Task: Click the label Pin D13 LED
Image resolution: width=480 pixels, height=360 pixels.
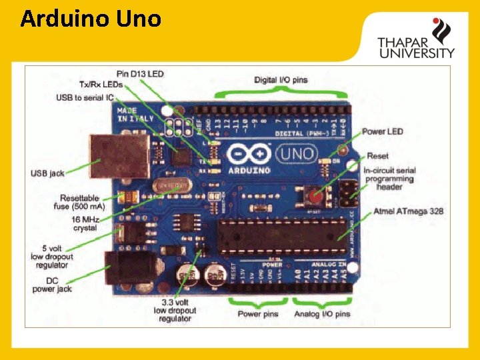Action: click(140, 73)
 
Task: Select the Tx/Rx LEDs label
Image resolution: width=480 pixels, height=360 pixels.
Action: click(101, 85)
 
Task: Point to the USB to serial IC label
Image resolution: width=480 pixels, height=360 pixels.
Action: click(85, 98)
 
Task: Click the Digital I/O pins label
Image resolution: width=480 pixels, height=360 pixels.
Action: click(281, 80)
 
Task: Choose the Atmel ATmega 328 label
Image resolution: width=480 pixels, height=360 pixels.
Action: click(408, 211)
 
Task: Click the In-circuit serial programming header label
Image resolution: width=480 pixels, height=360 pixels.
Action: click(389, 179)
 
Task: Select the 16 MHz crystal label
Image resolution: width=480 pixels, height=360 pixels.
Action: click(85, 223)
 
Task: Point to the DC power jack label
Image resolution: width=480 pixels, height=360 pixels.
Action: click(52, 285)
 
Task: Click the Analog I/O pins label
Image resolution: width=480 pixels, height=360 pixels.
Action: click(322, 314)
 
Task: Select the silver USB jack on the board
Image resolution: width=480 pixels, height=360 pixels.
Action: click(120, 155)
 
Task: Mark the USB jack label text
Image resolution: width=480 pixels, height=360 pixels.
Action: click(47, 173)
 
